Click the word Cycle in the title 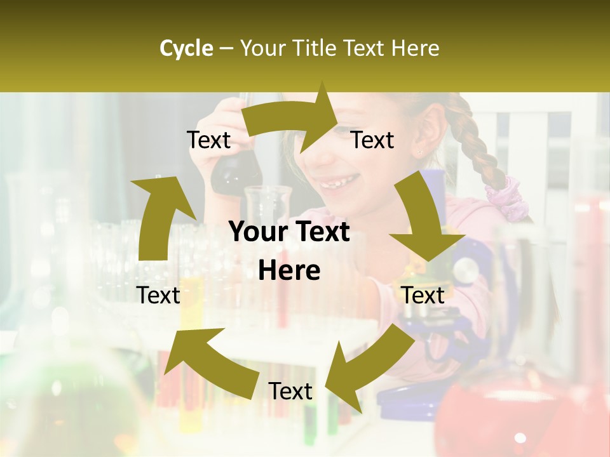[186, 48]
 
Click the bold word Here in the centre [289, 271]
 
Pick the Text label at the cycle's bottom [290, 391]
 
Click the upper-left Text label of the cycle [208, 140]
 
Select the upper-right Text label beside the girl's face [372, 140]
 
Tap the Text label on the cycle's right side [423, 295]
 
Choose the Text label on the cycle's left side [158, 295]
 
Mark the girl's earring [419, 152]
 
